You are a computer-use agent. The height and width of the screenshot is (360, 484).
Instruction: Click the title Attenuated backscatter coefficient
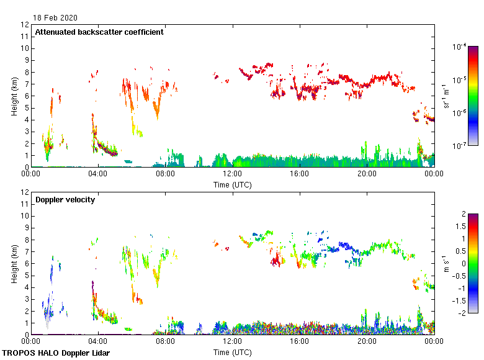point(99,32)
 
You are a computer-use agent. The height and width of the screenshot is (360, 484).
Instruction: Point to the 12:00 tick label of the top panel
point(232,175)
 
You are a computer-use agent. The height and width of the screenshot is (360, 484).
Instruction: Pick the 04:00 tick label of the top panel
point(98,175)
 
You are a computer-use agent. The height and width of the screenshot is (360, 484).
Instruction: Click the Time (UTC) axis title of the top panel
point(232,184)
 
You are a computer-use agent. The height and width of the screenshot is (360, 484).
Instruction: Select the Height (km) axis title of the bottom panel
point(14,263)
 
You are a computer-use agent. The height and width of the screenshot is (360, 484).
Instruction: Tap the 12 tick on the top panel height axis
point(25,25)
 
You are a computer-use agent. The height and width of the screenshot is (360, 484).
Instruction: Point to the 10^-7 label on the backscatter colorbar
point(460,146)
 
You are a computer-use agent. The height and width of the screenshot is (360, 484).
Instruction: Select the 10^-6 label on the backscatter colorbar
point(460,113)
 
